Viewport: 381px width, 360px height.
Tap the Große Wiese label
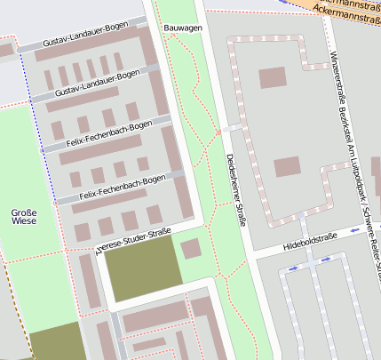click(24, 218)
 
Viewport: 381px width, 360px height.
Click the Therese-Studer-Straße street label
click(132, 240)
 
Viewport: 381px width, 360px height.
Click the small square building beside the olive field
click(191, 249)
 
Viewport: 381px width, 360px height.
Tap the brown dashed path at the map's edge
click(9, 311)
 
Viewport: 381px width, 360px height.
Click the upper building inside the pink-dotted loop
click(273, 78)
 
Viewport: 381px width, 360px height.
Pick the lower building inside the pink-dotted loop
click(287, 167)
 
